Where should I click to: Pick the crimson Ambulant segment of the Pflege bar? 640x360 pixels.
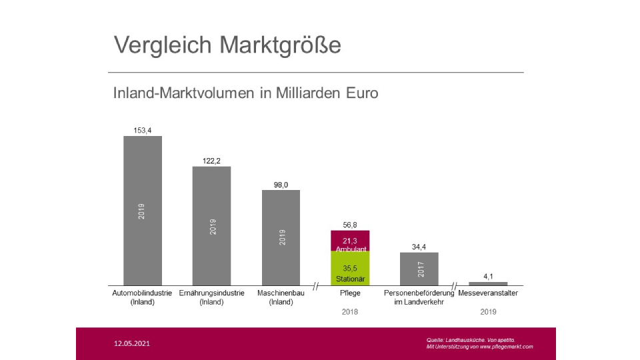pyautogui.click(x=350, y=241)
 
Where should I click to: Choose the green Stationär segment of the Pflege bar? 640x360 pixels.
pyautogui.click(x=350, y=269)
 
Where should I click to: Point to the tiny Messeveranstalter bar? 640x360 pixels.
pyautogui.click(x=488, y=283)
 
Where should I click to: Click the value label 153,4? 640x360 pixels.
pyautogui.click(x=143, y=131)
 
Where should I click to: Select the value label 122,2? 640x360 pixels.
pyautogui.click(x=211, y=161)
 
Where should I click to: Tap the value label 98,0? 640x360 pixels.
pyautogui.click(x=281, y=185)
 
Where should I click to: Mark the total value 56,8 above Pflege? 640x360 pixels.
pyautogui.click(x=350, y=225)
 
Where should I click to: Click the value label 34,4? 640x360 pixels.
pyautogui.click(x=419, y=247)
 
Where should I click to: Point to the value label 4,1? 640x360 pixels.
pyautogui.click(x=488, y=276)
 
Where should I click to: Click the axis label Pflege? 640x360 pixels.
pyautogui.click(x=350, y=293)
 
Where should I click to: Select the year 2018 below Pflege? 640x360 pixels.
pyautogui.click(x=350, y=311)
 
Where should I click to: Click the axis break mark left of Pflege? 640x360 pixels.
pyautogui.click(x=316, y=286)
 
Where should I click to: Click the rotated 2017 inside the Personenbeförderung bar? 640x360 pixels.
pyautogui.click(x=419, y=269)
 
